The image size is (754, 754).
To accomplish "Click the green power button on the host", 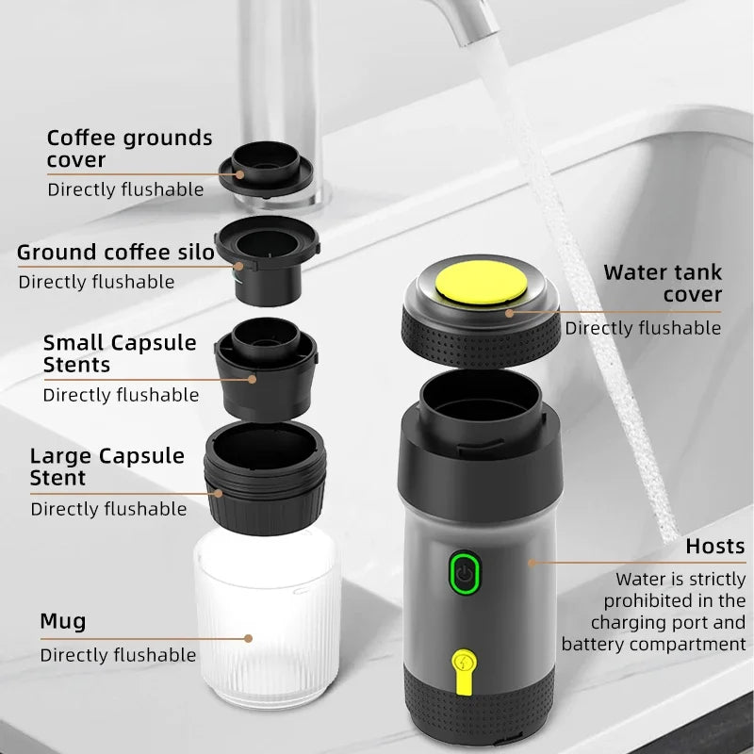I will tap(463, 572).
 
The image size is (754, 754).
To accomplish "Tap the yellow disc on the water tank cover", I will tap(483, 286).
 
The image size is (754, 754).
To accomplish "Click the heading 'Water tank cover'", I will tap(663, 284).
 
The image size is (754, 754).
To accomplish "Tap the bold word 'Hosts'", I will tap(714, 546).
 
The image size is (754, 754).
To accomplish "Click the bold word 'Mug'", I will tap(62, 621).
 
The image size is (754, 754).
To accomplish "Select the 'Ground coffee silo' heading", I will tap(115, 252).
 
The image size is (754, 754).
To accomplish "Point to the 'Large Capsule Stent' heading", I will tap(107, 467).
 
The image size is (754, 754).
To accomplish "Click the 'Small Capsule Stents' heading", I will tap(120, 353).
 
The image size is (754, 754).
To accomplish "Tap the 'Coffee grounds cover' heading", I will tap(129, 149).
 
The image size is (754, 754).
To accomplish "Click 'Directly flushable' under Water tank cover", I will tap(643, 328).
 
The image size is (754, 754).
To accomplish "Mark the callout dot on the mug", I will tap(248, 638).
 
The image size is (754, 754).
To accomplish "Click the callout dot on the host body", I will tap(532, 563).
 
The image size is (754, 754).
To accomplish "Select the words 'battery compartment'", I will tap(653, 645).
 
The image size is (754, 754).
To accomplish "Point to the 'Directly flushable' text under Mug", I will tap(118, 655).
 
